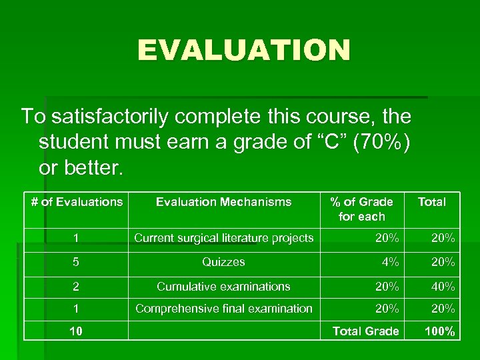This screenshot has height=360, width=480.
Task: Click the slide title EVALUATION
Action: [x=243, y=51]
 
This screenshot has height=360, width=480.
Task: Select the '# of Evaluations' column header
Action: [x=77, y=201]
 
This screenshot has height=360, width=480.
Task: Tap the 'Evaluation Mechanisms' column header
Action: [x=223, y=201]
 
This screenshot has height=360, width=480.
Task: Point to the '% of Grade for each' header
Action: [x=362, y=209]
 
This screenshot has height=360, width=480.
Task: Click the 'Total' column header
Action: [x=431, y=201]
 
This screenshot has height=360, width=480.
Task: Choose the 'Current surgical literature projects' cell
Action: [x=223, y=238]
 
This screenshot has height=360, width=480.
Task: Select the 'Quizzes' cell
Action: [x=223, y=262]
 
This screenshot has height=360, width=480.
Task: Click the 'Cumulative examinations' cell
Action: [x=223, y=287]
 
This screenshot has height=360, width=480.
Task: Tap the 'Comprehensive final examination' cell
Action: [x=223, y=308]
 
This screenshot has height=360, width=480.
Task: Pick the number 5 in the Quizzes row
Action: [x=77, y=262]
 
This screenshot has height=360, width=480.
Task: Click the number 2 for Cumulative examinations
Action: [x=77, y=287]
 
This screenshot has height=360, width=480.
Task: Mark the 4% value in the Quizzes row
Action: [x=390, y=262]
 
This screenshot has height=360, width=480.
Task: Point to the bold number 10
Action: [x=77, y=331]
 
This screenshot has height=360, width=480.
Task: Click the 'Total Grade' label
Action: [x=365, y=331]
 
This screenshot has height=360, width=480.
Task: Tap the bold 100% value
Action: [x=440, y=331]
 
